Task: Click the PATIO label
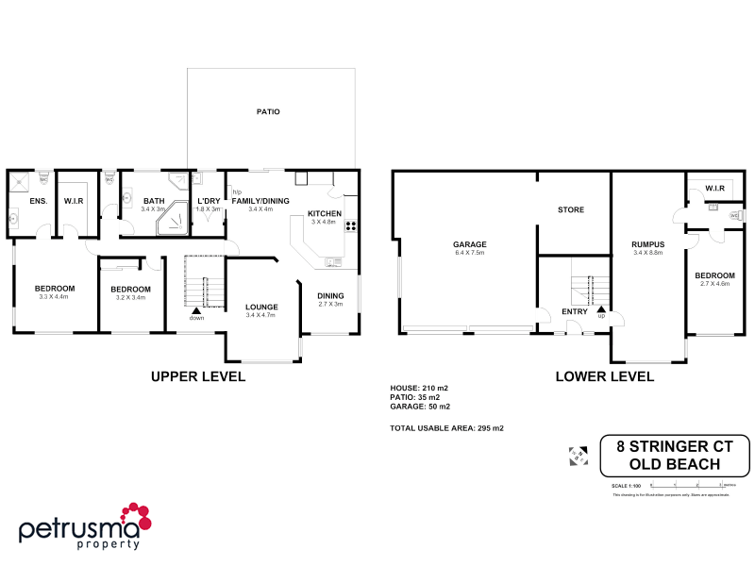click(268, 111)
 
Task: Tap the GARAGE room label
click(469, 244)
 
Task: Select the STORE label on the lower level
click(570, 209)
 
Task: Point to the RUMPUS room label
click(648, 244)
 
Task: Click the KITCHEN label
click(324, 213)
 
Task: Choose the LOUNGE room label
click(260, 307)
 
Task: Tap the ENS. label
click(39, 201)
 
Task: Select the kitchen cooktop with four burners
click(350, 225)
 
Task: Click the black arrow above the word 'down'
click(196, 308)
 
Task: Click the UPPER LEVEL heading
click(198, 376)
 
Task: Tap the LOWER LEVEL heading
click(604, 376)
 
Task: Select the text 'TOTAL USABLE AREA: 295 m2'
click(446, 428)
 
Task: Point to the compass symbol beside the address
click(579, 456)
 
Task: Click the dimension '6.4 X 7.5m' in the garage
click(469, 253)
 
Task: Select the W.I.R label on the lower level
click(714, 189)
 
